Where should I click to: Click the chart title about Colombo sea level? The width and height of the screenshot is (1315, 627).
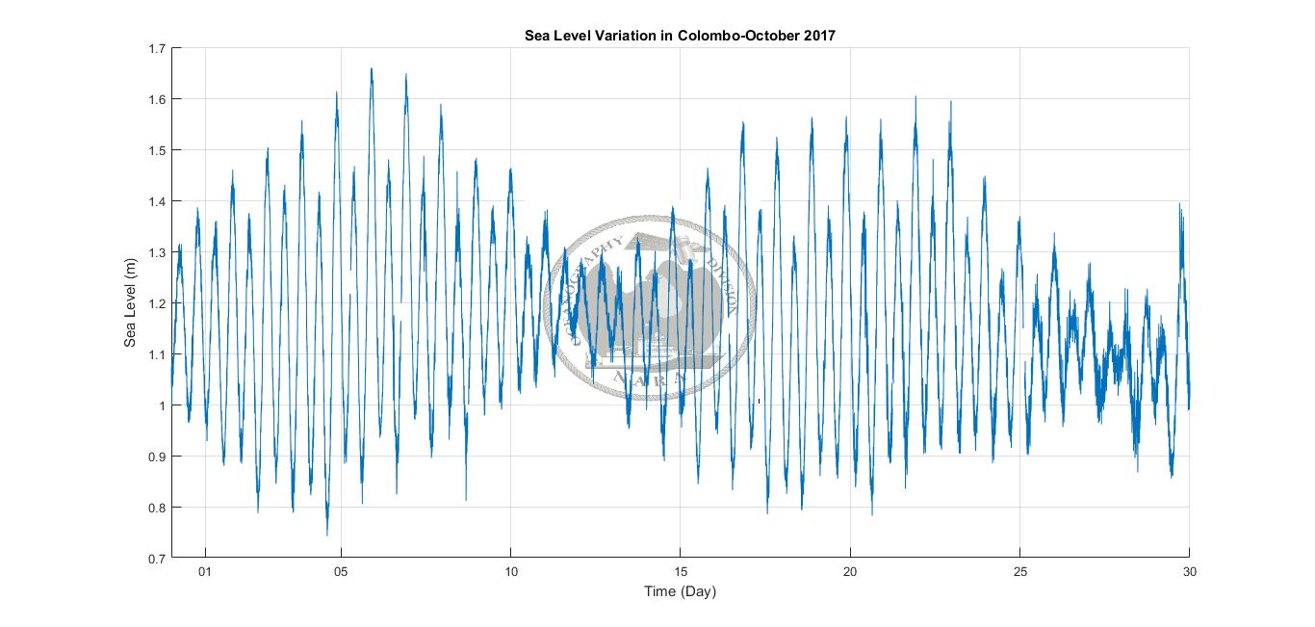(680, 36)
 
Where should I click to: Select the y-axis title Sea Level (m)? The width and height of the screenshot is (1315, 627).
(132, 303)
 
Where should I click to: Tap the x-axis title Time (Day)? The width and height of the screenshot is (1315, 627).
(680, 591)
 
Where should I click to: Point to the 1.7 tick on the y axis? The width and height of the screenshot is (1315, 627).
(157, 48)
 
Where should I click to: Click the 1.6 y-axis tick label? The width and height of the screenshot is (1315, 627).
(157, 99)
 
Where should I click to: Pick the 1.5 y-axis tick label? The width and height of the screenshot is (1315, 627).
(157, 150)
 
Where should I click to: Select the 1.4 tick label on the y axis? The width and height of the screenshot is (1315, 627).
(157, 201)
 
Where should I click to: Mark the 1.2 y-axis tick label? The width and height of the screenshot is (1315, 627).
(157, 303)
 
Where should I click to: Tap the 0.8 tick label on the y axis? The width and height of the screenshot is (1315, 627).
(157, 508)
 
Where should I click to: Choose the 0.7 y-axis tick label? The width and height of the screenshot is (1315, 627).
(157, 559)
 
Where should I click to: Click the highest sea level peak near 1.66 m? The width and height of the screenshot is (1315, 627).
(372, 69)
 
